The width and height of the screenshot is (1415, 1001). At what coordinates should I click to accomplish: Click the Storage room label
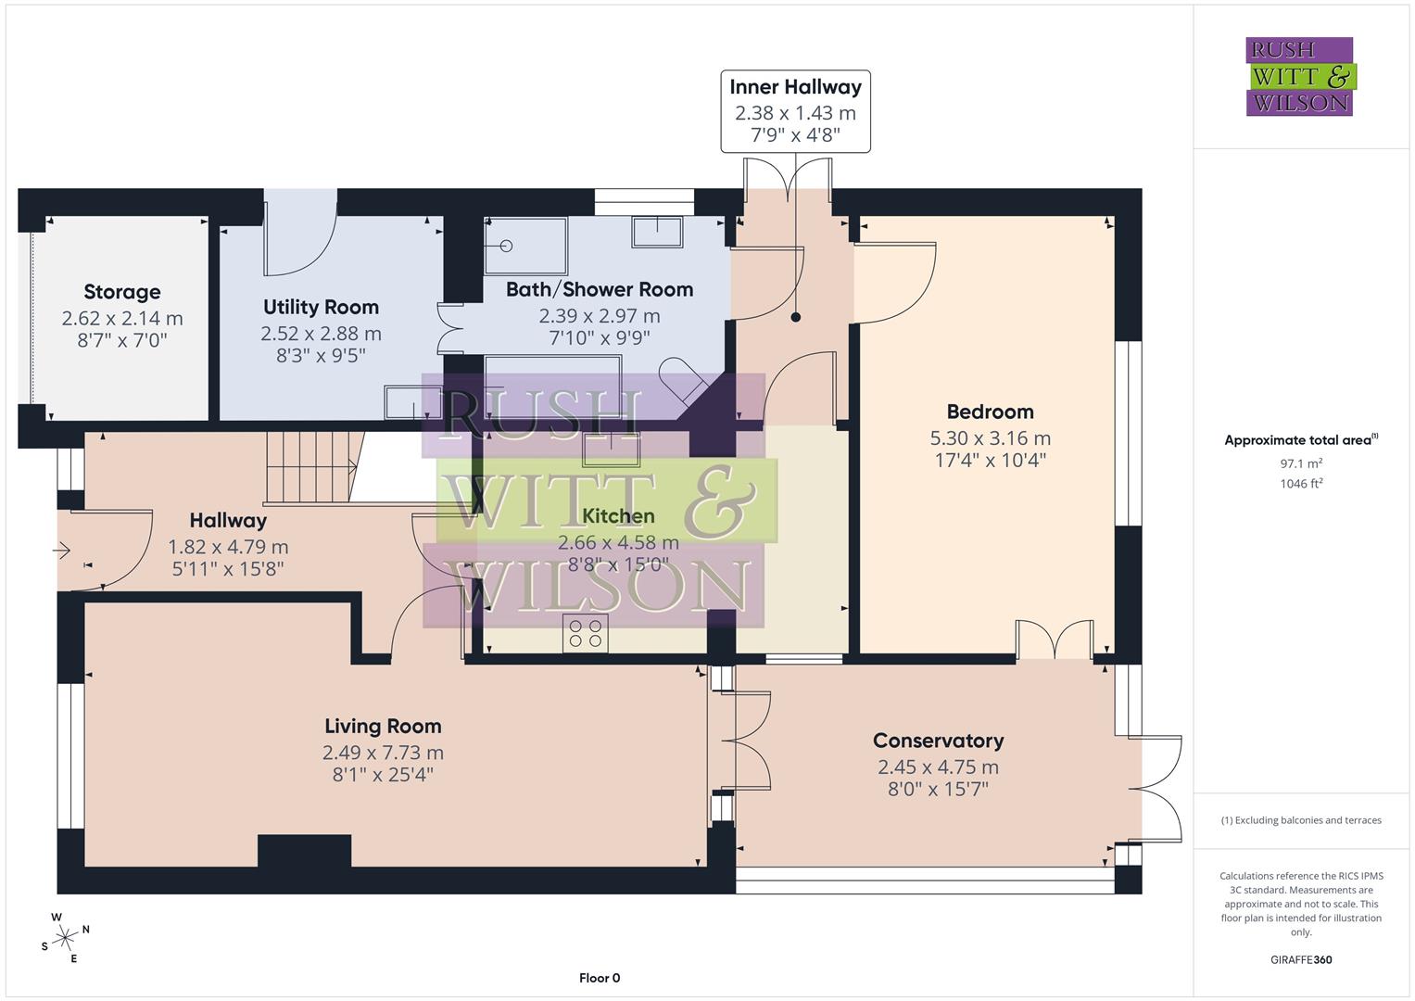(x=122, y=292)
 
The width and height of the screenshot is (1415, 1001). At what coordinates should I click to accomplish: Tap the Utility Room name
(x=321, y=307)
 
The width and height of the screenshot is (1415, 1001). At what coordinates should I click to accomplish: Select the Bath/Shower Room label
(x=600, y=289)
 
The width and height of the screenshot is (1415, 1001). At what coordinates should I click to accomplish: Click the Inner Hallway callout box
(x=795, y=110)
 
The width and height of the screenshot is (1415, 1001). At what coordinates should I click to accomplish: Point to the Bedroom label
(x=990, y=412)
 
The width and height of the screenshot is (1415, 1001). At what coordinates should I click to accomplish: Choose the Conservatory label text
(x=938, y=741)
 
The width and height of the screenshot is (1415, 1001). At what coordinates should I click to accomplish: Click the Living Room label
(x=383, y=726)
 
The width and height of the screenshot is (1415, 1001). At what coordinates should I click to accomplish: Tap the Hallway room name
(x=228, y=520)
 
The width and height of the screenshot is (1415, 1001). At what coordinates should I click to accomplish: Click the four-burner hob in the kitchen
(x=585, y=633)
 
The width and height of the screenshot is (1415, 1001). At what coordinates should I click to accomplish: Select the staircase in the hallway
(x=311, y=467)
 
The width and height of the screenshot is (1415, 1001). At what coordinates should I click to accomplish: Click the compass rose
(x=65, y=938)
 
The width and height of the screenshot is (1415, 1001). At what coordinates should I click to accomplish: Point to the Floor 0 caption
(x=599, y=978)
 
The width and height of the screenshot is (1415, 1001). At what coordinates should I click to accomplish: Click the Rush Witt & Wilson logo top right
(x=1299, y=76)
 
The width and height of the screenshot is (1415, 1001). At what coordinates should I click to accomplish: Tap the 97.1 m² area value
(x=1300, y=463)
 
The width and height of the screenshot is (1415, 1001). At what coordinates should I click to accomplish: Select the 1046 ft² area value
(x=1300, y=483)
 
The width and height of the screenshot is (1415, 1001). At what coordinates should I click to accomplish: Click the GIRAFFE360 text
(x=1300, y=959)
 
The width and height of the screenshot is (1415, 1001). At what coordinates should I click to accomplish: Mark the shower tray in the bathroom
(x=524, y=246)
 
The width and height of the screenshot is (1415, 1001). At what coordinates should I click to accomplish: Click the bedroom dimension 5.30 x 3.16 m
(x=990, y=438)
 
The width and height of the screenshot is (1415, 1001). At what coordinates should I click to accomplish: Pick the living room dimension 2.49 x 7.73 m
(x=383, y=753)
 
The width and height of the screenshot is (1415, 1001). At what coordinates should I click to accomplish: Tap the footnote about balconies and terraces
(x=1300, y=820)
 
